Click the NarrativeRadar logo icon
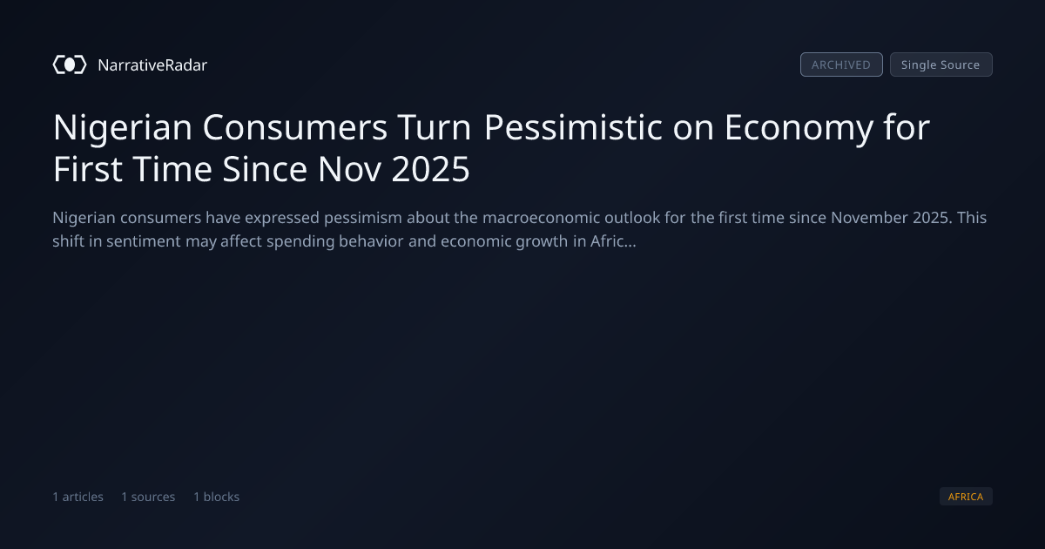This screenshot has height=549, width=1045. click(70, 64)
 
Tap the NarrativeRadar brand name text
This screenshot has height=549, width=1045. click(152, 64)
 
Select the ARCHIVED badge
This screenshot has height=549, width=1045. click(841, 64)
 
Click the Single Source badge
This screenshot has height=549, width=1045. click(941, 64)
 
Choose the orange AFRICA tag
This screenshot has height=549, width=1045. click(966, 496)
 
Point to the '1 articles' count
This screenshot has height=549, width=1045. click(78, 497)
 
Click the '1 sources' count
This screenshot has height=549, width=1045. click(148, 497)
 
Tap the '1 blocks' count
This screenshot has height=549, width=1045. click(217, 497)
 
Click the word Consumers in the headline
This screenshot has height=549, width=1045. click(295, 127)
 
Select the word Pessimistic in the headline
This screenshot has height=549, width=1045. click(573, 127)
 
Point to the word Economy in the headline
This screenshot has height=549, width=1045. click(799, 128)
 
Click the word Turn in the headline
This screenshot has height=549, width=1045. click(435, 127)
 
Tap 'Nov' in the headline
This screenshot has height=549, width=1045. click(349, 169)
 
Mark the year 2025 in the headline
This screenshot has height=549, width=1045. click(430, 169)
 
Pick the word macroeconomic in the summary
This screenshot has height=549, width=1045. click(541, 218)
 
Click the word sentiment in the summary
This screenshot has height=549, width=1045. click(143, 241)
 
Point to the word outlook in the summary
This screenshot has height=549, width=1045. click(632, 218)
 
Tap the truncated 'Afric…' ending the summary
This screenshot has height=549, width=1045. click(613, 241)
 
